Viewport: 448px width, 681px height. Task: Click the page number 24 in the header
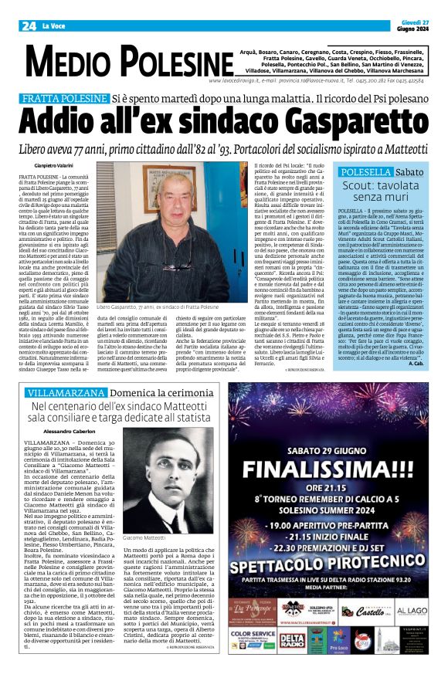tap(29, 26)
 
